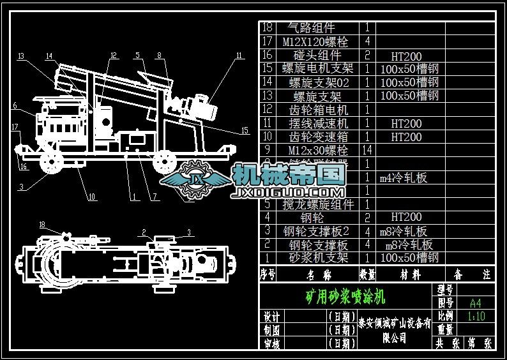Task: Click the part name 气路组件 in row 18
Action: coord(312,28)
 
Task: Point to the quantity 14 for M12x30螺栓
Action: coord(367,150)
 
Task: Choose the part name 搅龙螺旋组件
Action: coord(318,205)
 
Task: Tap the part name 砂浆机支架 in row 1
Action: coord(319,258)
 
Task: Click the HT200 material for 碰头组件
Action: coord(406,57)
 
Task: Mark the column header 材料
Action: coord(409,275)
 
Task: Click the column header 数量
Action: coord(367,275)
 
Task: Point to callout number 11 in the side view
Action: coord(239,56)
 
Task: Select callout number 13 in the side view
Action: coord(21,56)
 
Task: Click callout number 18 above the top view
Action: coord(42,225)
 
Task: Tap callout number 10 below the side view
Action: coord(92,197)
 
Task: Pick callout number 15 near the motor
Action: coord(244,131)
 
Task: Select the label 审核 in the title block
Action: coord(271,343)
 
